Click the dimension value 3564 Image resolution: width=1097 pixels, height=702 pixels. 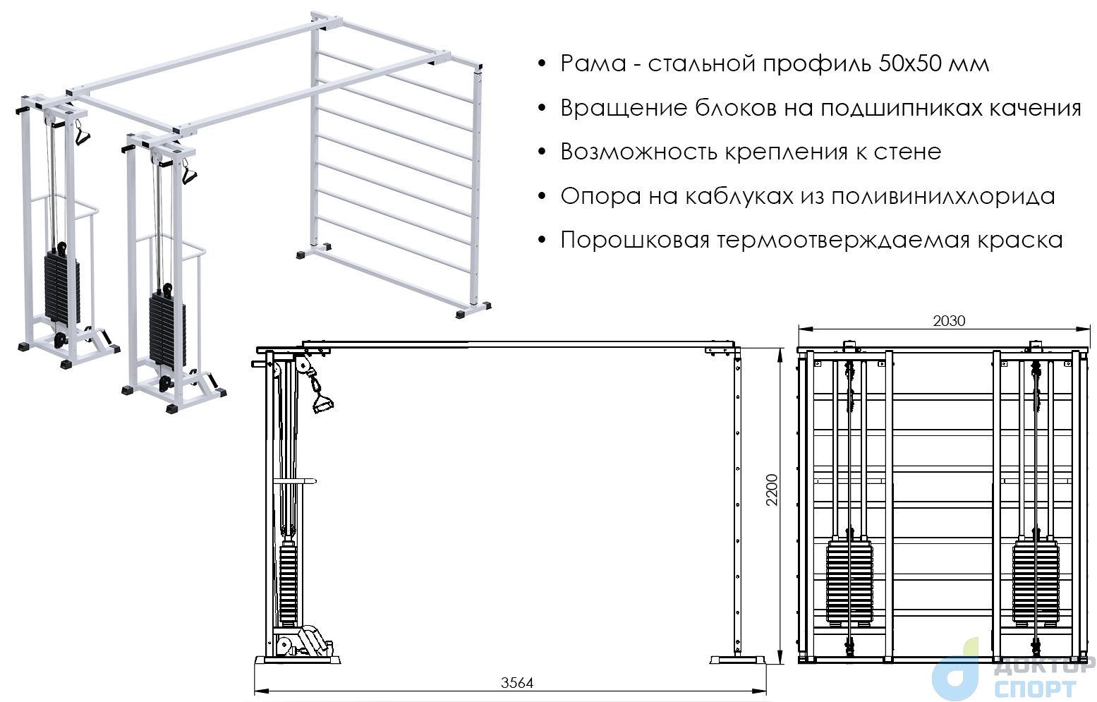click(516, 682)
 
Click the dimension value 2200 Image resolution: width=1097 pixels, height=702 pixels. click(772, 490)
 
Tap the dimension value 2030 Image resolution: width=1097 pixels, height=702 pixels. click(949, 321)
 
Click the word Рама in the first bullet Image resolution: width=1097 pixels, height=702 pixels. click(593, 63)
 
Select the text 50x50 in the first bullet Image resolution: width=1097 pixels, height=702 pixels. click(910, 63)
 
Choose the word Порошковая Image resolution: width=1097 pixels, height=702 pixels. click(635, 241)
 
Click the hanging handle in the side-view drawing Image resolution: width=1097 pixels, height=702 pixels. click(321, 395)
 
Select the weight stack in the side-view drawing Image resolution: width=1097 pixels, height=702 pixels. click(289, 583)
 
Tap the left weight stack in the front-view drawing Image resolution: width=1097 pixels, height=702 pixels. click(849, 583)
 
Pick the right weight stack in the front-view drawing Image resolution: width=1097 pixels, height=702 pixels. click(1036, 583)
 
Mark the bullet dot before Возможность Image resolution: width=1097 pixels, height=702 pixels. click(541, 152)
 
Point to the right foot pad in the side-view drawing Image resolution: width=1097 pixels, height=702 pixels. click(737, 660)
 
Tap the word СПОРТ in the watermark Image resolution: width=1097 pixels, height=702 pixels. click(1035, 689)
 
